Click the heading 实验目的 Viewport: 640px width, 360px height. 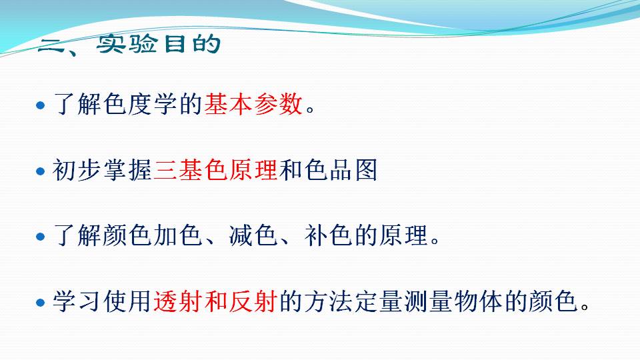159,43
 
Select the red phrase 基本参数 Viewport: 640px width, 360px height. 253,104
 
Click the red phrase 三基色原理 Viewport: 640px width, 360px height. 216,170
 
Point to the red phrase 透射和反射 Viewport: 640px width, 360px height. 216,301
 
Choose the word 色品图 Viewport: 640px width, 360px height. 341,170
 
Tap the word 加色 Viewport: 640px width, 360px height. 179,235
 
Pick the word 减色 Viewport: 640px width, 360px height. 253,235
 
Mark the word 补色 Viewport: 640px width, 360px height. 328,235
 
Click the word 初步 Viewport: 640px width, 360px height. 77,170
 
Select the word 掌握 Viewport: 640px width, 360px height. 128,170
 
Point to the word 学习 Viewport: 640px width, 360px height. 77,301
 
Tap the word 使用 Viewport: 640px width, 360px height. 128,301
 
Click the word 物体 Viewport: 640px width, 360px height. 479,301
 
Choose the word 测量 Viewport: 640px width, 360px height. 429,301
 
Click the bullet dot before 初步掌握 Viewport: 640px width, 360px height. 40,171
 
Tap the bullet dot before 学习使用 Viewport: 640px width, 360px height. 40,303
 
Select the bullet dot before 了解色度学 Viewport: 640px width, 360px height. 40,106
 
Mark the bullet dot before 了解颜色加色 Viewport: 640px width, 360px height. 40,237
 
